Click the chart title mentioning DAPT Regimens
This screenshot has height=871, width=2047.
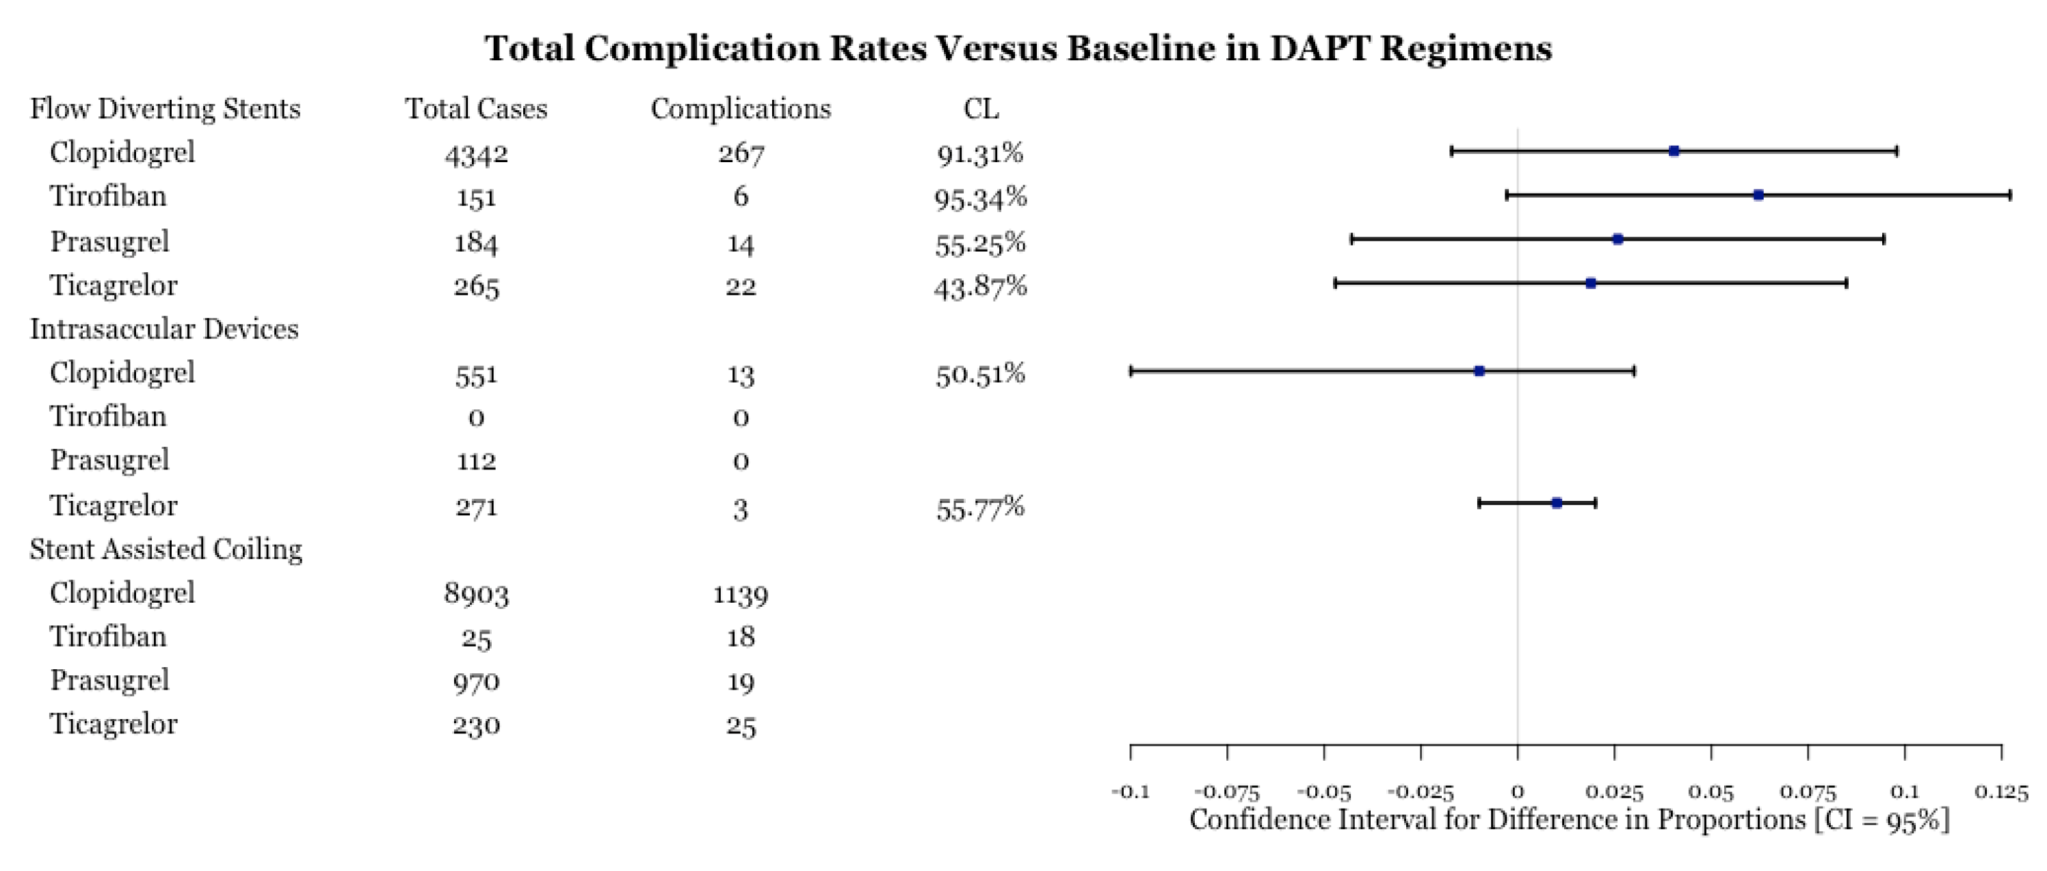pyautogui.click(x=1018, y=49)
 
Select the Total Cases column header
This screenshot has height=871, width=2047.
pyautogui.click(x=476, y=109)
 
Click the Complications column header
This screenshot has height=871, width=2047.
pyautogui.click(x=741, y=109)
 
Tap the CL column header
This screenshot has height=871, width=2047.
pyautogui.click(x=981, y=109)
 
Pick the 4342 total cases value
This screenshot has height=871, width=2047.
pyautogui.click(x=476, y=153)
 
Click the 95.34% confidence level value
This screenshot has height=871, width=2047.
pyautogui.click(x=981, y=198)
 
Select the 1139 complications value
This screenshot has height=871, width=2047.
pyautogui.click(x=741, y=595)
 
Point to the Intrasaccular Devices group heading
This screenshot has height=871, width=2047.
pyautogui.click(x=165, y=329)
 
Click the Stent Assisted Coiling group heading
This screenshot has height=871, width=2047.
pyautogui.click(x=166, y=549)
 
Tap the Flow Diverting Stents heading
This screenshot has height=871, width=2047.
pyautogui.click(x=166, y=109)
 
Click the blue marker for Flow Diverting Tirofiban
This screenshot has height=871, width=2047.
pyautogui.click(x=1758, y=196)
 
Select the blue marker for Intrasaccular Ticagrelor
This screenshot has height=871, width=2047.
pyautogui.click(x=1557, y=503)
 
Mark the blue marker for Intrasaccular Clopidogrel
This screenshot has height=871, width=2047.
pyautogui.click(x=1479, y=371)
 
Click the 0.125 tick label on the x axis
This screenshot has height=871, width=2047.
pyautogui.click(x=2001, y=792)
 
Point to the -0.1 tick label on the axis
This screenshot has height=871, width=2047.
pyautogui.click(x=1130, y=792)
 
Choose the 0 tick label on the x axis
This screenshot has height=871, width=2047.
pyautogui.click(x=1518, y=792)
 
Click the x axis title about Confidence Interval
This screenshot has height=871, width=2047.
pyautogui.click(x=1570, y=820)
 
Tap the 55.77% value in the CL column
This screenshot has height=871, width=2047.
pyautogui.click(x=981, y=507)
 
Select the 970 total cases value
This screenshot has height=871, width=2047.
pyautogui.click(x=476, y=682)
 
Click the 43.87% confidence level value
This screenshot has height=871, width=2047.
pyautogui.click(x=981, y=286)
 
